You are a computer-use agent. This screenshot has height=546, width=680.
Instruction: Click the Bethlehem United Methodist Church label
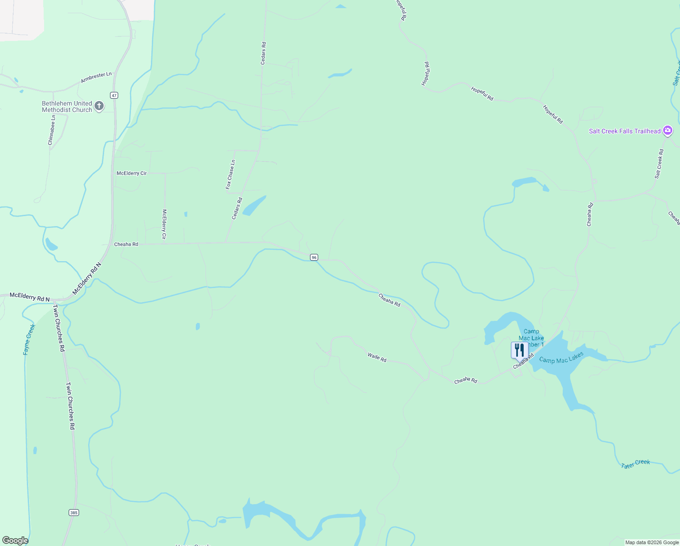click(x=67, y=106)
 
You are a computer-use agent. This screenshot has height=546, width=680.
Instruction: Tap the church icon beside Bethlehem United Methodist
click(x=99, y=106)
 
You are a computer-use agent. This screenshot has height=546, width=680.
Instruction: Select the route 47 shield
click(x=114, y=95)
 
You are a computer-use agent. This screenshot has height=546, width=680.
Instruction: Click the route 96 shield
click(x=314, y=258)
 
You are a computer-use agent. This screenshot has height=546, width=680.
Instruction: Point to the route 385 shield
click(x=74, y=513)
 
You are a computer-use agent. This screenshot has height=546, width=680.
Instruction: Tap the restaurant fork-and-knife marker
click(x=520, y=351)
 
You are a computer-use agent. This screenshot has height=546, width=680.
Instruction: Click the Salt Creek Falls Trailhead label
click(x=625, y=131)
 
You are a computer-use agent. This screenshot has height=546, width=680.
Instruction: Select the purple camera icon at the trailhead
click(x=668, y=131)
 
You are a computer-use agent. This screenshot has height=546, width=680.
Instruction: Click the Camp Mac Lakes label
click(x=561, y=358)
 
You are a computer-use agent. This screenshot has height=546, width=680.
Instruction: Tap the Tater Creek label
click(x=635, y=464)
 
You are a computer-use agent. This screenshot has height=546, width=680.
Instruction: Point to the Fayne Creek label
click(x=29, y=339)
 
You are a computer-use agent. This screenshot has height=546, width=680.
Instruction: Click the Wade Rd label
click(x=377, y=357)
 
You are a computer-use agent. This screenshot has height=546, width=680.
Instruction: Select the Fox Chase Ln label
click(x=230, y=174)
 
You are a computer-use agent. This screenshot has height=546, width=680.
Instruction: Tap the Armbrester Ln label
click(x=96, y=77)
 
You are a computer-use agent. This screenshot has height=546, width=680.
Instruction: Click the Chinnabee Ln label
click(x=52, y=130)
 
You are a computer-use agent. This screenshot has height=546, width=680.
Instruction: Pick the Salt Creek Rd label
click(x=659, y=164)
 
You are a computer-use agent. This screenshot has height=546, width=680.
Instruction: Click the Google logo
click(x=15, y=541)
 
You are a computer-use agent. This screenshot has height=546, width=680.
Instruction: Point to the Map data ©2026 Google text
click(x=652, y=542)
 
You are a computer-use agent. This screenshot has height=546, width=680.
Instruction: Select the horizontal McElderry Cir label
click(x=132, y=173)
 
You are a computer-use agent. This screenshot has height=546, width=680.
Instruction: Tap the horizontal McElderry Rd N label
click(x=30, y=297)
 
